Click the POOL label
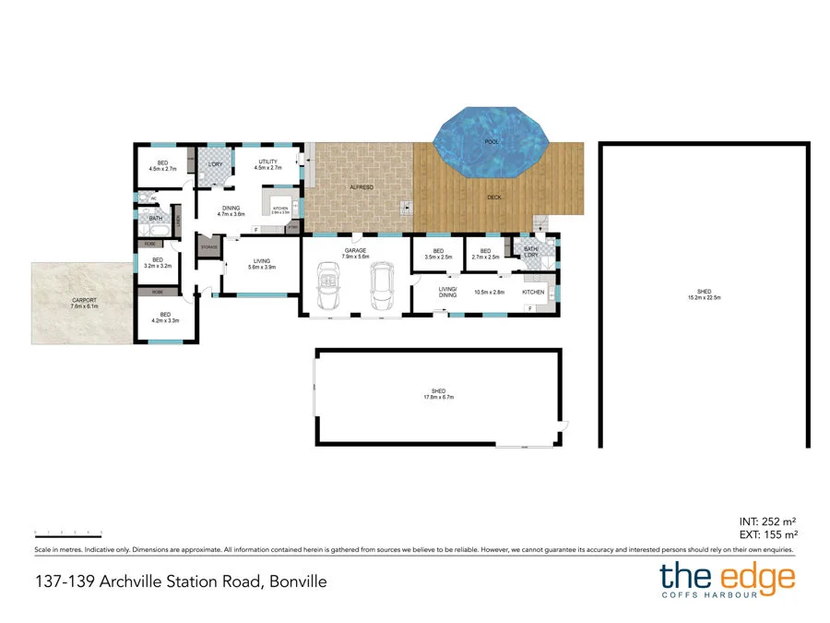pyautogui.click(x=492, y=142)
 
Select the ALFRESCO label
pyautogui.click(x=360, y=187)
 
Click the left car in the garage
pyautogui.click(x=328, y=285)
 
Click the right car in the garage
pyautogui.click(x=380, y=286)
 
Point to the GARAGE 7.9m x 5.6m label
pyautogui.click(x=356, y=253)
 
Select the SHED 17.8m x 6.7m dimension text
pyautogui.click(x=438, y=394)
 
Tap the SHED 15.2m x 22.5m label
pyautogui.click(x=704, y=294)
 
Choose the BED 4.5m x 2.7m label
pyautogui.click(x=163, y=165)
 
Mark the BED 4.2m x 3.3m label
pyautogui.click(x=165, y=317)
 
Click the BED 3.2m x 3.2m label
pyautogui.click(x=158, y=263)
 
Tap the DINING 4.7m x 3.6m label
pyautogui.click(x=231, y=210)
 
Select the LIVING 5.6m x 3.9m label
pyautogui.click(x=261, y=264)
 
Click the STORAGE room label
pyautogui.click(x=209, y=247)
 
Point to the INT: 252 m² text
pyautogui.click(x=769, y=520)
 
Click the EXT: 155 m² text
pyautogui.click(x=768, y=534)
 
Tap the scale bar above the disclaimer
pyautogui.click(x=67, y=533)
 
